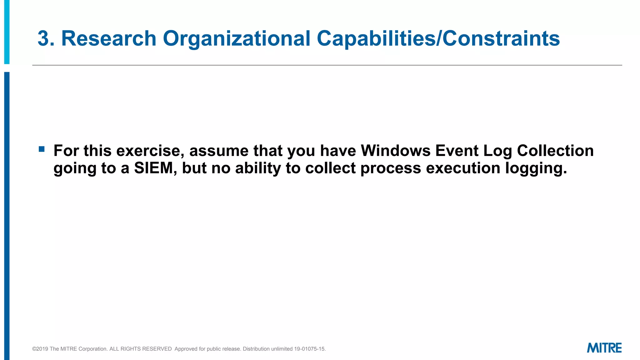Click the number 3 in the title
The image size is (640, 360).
[43, 39]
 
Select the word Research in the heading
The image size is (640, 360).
[109, 39]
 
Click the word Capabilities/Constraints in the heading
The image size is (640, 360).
[438, 39]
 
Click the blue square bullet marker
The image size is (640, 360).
[42, 149]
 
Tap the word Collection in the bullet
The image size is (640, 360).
[555, 151]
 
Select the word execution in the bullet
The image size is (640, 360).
[463, 168]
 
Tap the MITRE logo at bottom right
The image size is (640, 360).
[604, 348]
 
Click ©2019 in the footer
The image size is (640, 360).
[40, 349]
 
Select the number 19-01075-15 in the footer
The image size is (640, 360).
[309, 349]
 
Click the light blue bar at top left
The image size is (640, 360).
[7, 31]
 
